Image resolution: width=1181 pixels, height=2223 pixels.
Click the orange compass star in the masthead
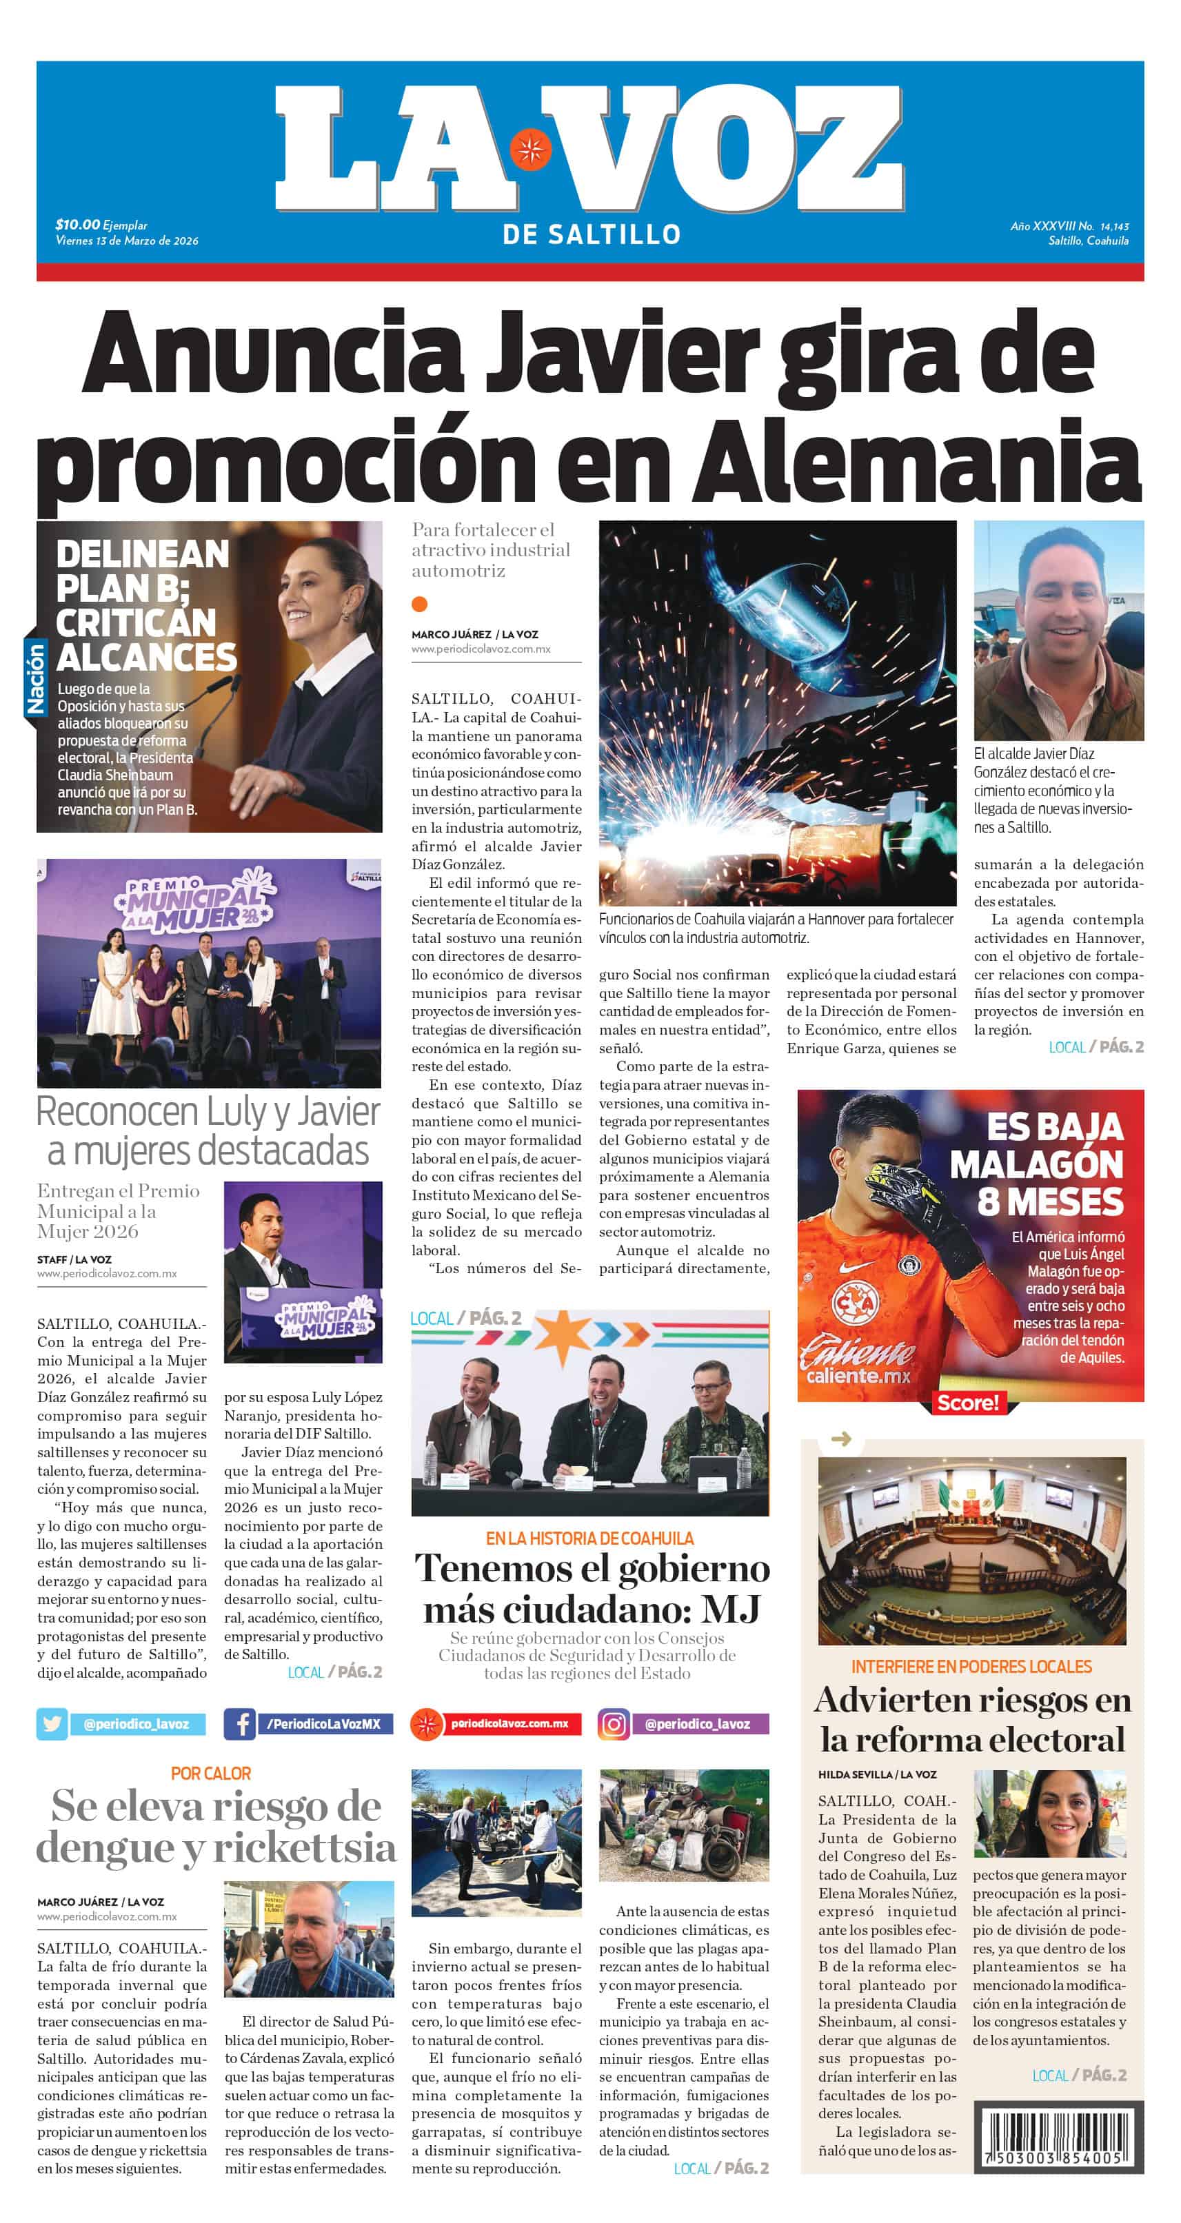[530, 150]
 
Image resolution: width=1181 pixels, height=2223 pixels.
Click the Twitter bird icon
[52, 1723]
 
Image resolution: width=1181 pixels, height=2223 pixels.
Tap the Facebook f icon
[240, 1723]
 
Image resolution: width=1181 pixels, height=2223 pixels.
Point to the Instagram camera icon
[614, 1723]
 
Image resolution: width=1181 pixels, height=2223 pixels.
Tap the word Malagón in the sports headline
[1036, 1164]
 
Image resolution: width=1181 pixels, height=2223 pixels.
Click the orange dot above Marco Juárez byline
[420, 604]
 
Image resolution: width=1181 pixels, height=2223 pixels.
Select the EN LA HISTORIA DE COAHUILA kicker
[589, 1538]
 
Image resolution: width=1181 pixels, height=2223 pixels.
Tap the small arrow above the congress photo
[841, 1439]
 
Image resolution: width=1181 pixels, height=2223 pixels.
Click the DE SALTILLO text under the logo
[592, 234]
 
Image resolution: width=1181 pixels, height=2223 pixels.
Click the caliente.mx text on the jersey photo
[858, 1376]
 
